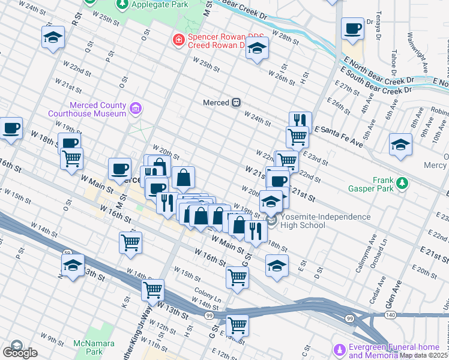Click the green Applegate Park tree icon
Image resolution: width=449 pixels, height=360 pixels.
click(122, 4)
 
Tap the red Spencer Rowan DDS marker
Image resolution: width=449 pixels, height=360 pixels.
click(178, 40)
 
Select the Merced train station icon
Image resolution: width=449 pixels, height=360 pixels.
click(237, 103)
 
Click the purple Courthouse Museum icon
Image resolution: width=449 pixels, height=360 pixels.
click(136, 109)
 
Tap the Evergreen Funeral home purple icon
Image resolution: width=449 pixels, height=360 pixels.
click(340, 349)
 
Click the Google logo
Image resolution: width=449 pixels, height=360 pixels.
click(19, 352)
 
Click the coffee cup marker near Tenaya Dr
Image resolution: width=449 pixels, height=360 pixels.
click(352, 28)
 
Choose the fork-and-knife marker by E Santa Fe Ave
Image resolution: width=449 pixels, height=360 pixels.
click(300, 121)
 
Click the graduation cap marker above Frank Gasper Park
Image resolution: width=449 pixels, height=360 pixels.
click(400, 144)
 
